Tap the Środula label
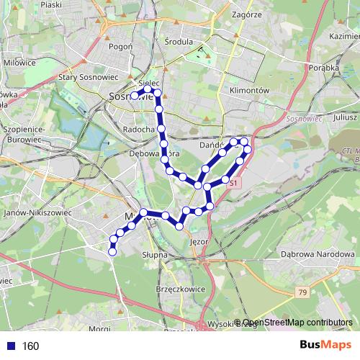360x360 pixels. [x=179, y=42]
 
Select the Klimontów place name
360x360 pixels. [x=248, y=91]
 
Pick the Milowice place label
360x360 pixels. [x=19, y=63]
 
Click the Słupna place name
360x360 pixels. [x=154, y=254]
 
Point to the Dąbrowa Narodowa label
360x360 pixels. [x=318, y=254]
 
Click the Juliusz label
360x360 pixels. [x=346, y=115]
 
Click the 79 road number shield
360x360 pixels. [x=302, y=292]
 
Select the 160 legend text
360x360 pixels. [x=30, y=346]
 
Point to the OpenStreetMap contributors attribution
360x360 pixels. [x=297, y=323]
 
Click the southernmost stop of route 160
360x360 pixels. [x=112, y=251]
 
